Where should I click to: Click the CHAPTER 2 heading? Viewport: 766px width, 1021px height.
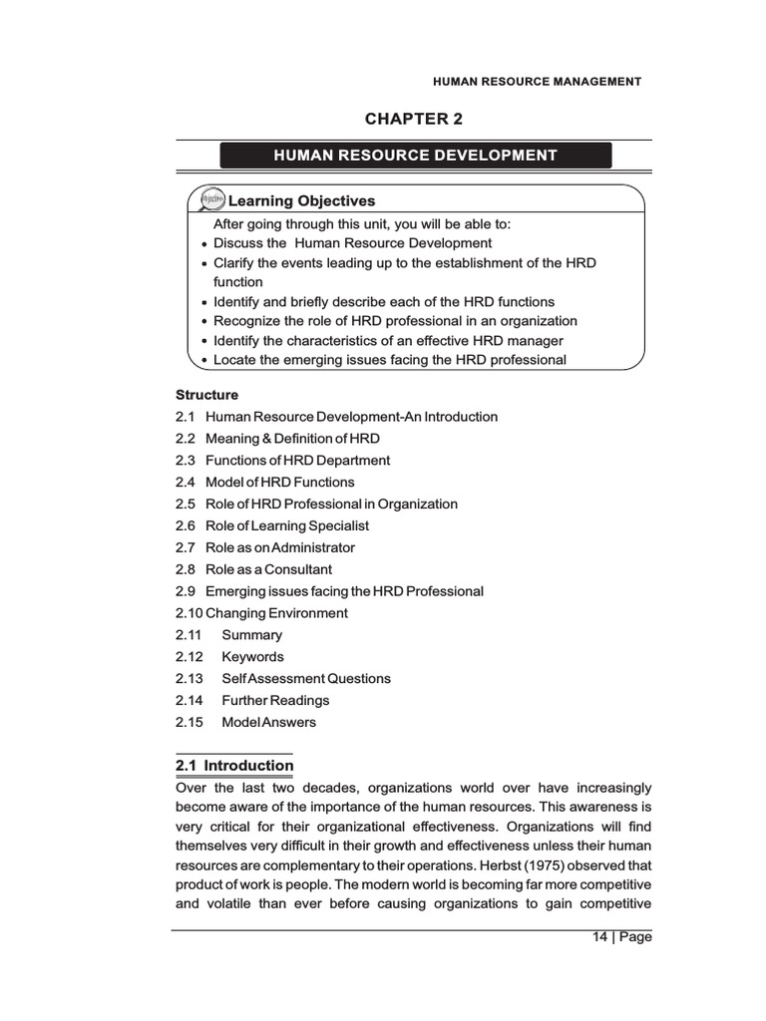pos(414,120)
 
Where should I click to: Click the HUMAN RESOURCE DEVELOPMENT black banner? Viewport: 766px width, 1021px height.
pos(415,156)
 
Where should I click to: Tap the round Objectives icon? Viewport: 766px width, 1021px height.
pos(211,200)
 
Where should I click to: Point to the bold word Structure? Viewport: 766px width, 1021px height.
pos(206,395)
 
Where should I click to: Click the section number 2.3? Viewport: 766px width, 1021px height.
pos(187,461)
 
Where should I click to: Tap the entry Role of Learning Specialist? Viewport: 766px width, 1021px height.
pos(287,526)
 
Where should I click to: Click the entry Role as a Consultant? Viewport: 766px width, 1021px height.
pos(268,570)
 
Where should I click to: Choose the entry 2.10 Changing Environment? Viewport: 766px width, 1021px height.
pos(261,614)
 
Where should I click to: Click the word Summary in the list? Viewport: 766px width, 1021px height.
pos(251,635)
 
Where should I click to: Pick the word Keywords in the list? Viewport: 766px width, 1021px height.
pos(252,657)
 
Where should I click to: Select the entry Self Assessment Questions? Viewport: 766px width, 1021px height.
pos(306,679)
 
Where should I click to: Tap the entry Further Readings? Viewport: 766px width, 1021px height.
pos(275,701)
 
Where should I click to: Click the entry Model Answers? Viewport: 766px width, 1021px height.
pos(268,723)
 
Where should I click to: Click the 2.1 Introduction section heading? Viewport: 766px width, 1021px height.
pos(234,766)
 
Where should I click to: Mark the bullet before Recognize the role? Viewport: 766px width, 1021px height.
pos(203,322)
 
